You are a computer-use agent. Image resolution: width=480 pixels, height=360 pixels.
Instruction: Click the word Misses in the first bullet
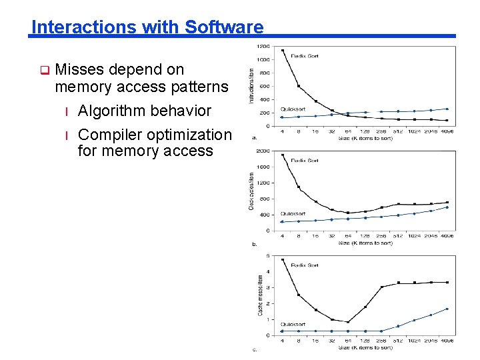tap(79, 69)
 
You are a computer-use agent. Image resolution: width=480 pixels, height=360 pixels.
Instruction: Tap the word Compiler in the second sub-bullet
tap(107, 135)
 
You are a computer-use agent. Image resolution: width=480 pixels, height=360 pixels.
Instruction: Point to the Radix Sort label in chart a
tap(305, 57)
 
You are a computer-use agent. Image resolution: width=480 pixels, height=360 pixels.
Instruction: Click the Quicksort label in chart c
tap(293, 324)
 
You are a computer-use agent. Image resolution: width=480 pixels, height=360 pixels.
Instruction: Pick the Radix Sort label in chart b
tap(305, 161)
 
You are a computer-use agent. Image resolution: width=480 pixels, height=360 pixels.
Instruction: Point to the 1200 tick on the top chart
tap(263, 47)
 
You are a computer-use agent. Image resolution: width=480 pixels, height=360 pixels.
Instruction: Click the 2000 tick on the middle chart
tap(263, 151)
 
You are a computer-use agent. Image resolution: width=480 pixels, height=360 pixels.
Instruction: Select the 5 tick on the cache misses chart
tap(267, 255)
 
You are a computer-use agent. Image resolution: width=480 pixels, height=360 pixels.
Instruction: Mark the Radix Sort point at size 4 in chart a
tap(283, 50)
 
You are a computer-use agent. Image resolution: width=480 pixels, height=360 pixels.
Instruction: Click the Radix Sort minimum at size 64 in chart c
tap(348, 322)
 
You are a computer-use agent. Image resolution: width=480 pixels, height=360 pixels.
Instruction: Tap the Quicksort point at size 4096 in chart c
tap(447, 309)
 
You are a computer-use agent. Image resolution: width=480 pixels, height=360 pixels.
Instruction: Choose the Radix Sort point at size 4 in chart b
tap(283, 155)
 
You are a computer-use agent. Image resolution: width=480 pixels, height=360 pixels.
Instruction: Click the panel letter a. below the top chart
tap(254, 138)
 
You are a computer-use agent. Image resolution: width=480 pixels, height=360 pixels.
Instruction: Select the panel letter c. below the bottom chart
tap(254, 349)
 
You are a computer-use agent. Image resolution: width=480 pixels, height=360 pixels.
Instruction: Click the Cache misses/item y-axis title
tap(260, 295)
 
